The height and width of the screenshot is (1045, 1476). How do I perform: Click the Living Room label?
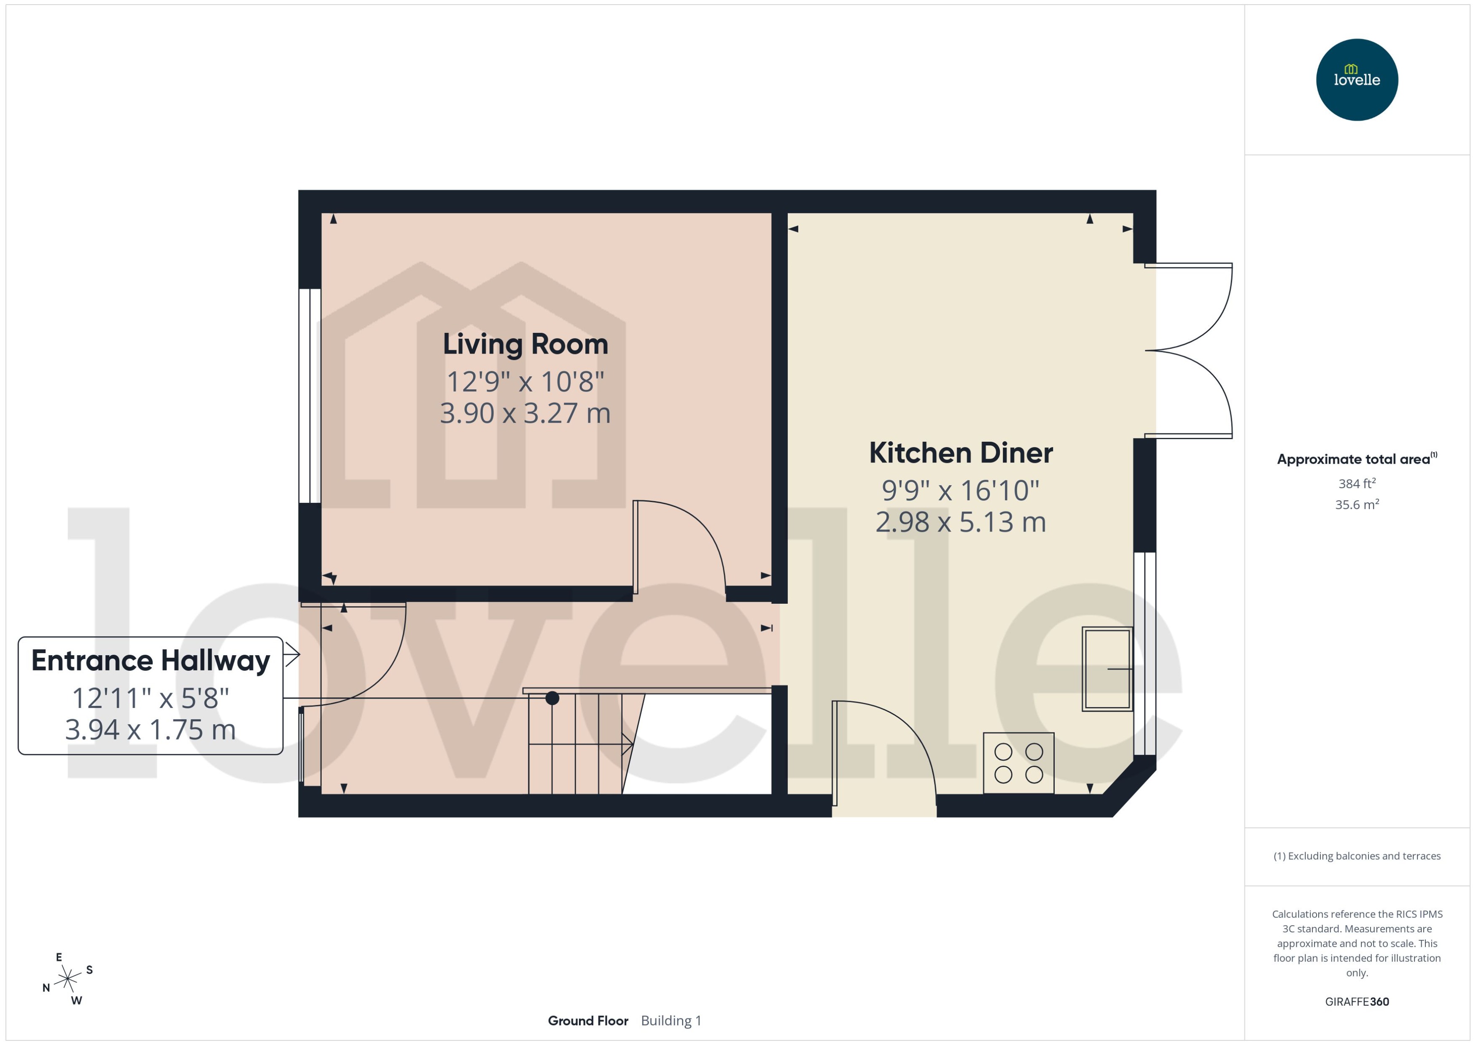525,344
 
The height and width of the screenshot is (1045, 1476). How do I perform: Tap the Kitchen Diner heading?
960,453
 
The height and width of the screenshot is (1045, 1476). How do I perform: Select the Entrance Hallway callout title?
151,660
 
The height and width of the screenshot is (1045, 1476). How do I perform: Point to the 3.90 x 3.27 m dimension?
525,413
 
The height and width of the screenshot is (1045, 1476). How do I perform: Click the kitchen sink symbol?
1107,669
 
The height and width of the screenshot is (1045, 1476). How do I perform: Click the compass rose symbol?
67,979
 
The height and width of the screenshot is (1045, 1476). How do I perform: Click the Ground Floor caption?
588,1021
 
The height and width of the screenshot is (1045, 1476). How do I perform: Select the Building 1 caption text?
671,1021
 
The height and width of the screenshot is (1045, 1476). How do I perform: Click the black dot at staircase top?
552,698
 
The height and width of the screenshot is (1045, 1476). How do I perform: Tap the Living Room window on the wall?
310,396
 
